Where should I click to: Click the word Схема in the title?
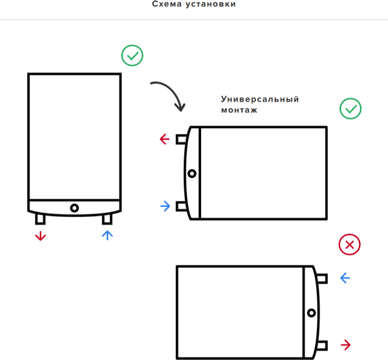pos(167,4)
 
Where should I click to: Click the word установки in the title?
pos(211,5)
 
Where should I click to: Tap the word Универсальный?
pos(260,99)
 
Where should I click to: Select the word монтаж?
pos(239,110)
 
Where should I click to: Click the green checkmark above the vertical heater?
pos(132,55)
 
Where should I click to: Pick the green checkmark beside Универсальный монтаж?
pos(350,109)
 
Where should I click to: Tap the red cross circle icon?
pos(349,245)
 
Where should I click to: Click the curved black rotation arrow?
pos(169,95)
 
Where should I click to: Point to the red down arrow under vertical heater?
pos(41,236)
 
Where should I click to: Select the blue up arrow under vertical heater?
pos(107,235)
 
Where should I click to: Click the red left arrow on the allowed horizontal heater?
pos(164,139)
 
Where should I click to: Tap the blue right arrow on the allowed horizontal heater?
pos(166,206)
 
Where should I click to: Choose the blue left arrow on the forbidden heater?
pos(345,278)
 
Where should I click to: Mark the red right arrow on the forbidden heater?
pos(346,344)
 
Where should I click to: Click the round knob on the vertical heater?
pos(74,208)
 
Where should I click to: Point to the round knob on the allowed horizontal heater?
pos(192,174)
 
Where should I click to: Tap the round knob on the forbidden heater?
pos(312,313)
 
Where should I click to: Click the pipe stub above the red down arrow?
pos(40,219)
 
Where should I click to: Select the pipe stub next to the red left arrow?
pos(181,139)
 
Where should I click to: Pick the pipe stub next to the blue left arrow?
pos(322,278)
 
